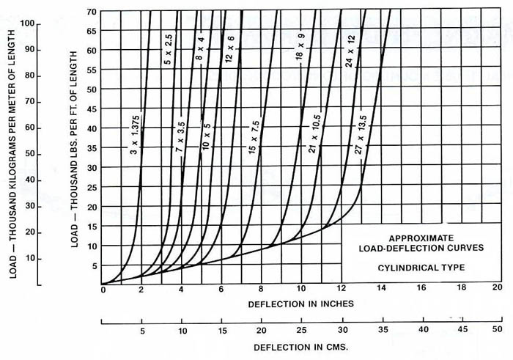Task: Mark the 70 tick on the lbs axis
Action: click(x=92, y=12)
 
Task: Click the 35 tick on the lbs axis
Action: click(x=92, y=147)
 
